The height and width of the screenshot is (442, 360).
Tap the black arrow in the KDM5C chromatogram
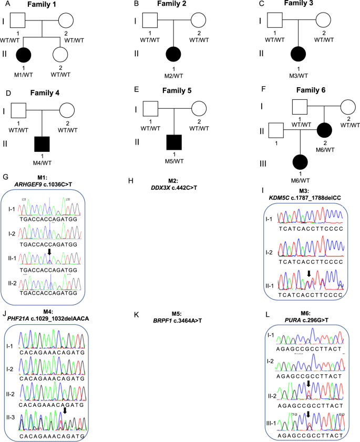click(x=309, y=273)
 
